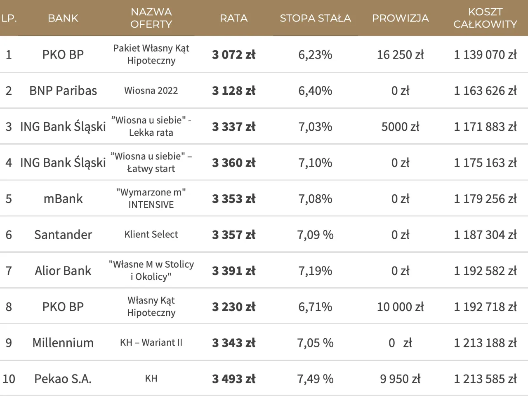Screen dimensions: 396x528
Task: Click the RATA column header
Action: (x=233, y=18)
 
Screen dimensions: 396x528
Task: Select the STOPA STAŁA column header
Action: (x=315, y=18)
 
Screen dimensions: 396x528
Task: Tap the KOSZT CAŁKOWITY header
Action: (x=485, y=18)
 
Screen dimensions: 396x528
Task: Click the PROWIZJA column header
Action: (x=400, y=18)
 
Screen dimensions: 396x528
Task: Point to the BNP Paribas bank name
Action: (x=63, y=91)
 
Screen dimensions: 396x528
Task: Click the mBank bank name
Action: (x=63, y=199)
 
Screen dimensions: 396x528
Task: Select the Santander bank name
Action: (x=63, y=235)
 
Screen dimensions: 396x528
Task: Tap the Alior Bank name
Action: (x=63, y=271)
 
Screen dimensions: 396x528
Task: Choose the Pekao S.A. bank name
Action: (x=63, y=379)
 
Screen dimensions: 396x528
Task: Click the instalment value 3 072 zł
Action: (x=233, y=54)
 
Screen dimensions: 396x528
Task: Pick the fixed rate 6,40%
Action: (x=315, y=91)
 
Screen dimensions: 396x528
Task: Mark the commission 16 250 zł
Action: (x=400, y=54)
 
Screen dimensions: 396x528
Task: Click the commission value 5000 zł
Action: (x=400, y=127)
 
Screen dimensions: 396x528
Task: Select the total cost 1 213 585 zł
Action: (x=485, y=379)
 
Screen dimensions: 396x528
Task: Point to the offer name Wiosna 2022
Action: (x=151, y=91)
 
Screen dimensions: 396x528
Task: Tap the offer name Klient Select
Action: (x=151, y=235)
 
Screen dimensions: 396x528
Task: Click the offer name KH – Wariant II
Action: (x=151, y=343)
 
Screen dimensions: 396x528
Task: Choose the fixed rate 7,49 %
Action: (x=315, y=379)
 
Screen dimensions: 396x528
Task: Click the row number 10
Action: (x=9, y=379)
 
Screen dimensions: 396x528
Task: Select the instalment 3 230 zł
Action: (x=233, y=307)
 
